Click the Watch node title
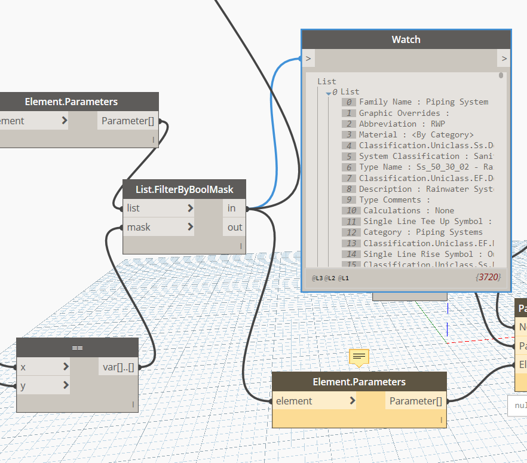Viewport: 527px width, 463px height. pyautogui.click(x=406, y=39)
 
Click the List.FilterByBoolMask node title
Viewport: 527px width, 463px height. pyautogui.click(x=184, y=189)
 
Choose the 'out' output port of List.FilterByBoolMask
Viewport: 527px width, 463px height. pyautogui.click(x=234, y=227)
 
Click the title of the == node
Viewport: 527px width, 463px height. pyautogui.click(x=77, y=348)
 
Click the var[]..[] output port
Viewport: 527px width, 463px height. pyautogui.click(x=118, y=367)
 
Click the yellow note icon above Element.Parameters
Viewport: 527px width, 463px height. pyautogui.click(x=359, y=357)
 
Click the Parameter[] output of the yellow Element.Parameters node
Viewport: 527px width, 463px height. pyautogui.click(x=416, y=401)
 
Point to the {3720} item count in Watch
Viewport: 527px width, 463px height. pyautogui.click(x=488, y=277)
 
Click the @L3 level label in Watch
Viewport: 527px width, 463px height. pyautogui.click(x=317, y=278)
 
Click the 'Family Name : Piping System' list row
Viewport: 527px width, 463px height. pyautogui.click(x=423, y=102)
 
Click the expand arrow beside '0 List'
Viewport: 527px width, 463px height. pyautogui.click(x=328, y=92)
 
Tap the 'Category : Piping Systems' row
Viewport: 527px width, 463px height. pyautogui.click(x=422, y=232)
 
